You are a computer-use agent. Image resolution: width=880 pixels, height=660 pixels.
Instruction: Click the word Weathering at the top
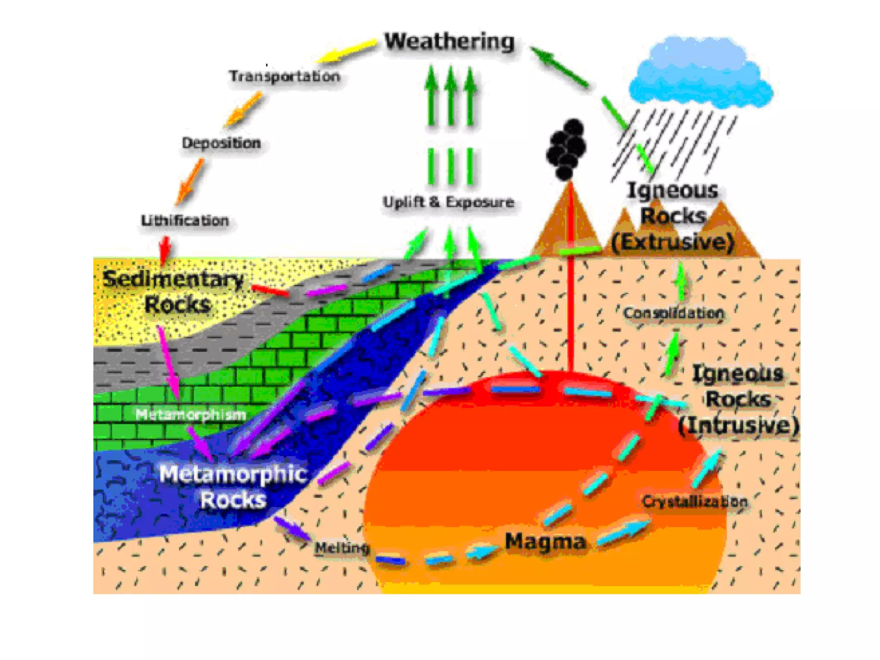[x=449, y=42]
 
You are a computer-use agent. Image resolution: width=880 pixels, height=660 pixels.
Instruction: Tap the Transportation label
[x=284, y=76]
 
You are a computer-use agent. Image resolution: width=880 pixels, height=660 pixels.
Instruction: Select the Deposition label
[x=221, y=143]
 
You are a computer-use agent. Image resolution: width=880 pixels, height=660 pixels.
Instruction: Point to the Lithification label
[x=185, y=220]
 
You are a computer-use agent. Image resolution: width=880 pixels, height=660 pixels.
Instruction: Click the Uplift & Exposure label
[x=448, y=202]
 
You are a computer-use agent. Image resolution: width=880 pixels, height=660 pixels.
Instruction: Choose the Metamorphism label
[x=190, y=414]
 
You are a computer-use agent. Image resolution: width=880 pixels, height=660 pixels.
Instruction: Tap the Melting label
[x=342, y=548]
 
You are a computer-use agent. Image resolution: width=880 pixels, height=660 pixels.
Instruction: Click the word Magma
[x=545, y=541]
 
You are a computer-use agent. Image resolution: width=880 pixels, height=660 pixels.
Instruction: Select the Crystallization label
[x=694, y=501]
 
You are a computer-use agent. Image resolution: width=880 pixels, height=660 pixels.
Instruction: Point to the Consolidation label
[x=673, y=313]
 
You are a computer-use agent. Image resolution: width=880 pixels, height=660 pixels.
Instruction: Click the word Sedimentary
[x=173, y=279]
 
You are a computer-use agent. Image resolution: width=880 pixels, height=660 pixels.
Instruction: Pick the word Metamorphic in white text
[x=233, y=474]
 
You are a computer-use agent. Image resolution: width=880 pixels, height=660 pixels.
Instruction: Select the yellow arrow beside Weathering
[x=346, y=51]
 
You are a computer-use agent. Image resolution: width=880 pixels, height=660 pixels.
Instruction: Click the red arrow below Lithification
[x=165, y=249]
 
